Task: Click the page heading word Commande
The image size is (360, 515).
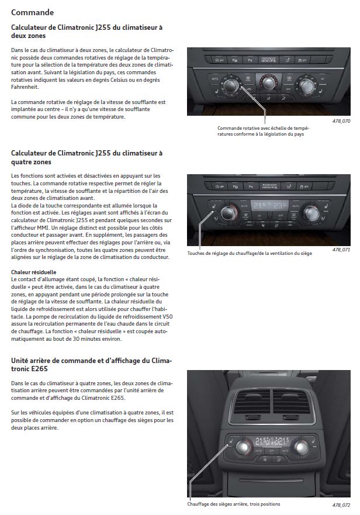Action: click(33, 12)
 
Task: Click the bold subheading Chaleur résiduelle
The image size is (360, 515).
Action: click(34, 272)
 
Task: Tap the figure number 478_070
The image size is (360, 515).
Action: click(341, 121)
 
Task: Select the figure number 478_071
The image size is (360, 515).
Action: click(341, 250)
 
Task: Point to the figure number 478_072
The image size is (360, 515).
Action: click(341, 505)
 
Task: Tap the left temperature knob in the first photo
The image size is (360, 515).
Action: click(231, 86)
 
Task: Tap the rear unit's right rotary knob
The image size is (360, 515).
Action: click(301, 447)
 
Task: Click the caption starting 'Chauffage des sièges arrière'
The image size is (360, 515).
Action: click(233, 504)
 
